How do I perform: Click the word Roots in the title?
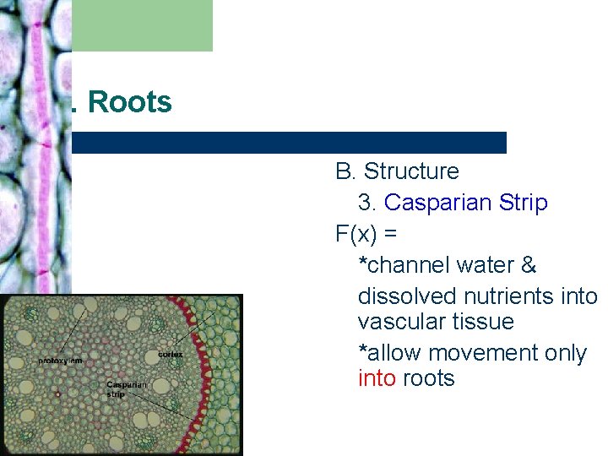click(129, 102)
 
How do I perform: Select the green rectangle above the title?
click(142, 25)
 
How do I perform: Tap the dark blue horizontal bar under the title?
click(289, 143)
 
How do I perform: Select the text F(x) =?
click(366, 235)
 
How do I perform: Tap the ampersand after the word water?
click(529, 265)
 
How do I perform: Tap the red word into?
click(377, 378)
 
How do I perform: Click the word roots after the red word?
click(429, 378)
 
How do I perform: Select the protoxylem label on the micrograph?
click(60, 361)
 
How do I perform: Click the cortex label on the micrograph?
click(170, 354)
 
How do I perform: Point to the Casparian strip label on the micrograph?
click(127, 388)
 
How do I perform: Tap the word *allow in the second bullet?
click(389, 353)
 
